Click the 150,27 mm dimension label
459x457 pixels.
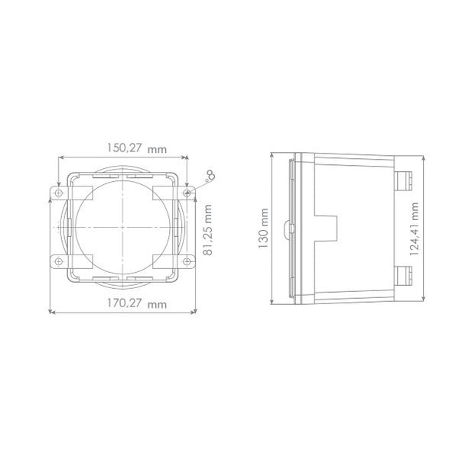(136, 148)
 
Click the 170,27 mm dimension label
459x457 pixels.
(136, 303)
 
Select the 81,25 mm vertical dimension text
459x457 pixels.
(208, 230)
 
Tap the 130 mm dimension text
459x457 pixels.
(263, 228)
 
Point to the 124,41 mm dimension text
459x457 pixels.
(414, 229)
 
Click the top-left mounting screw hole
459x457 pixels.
(59, 193)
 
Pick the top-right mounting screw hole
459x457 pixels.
(187, 193)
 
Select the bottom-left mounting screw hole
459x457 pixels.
(59, 261)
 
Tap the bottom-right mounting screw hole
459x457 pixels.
(187, 261)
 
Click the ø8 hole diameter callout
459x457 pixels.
(210, 176)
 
